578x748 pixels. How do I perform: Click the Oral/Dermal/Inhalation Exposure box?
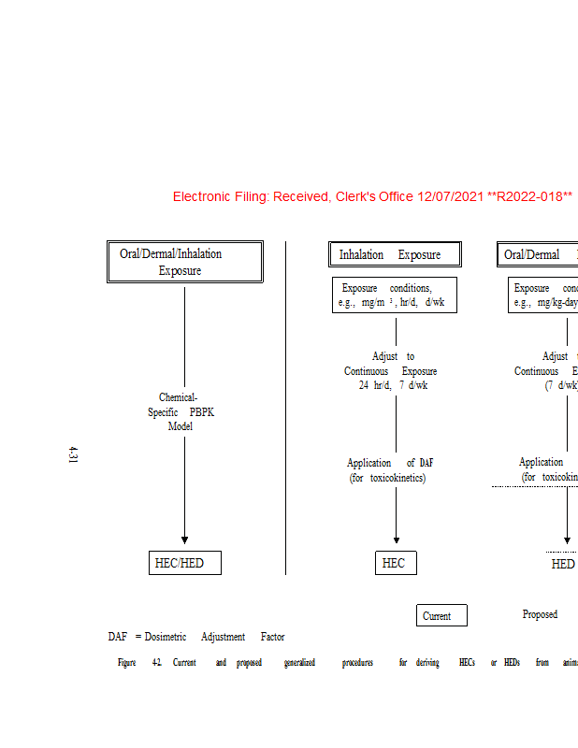click(x=184, y=263)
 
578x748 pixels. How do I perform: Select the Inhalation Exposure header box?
click(x=397, y=254)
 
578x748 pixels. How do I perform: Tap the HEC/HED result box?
click(x=185, y=563)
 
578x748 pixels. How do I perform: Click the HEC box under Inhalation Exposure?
click(x=394, y=563)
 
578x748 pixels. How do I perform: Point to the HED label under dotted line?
click(x=563, y=564)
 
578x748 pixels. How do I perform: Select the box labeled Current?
click(x=441, y=615)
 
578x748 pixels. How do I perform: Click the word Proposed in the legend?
click(x=540, y=614)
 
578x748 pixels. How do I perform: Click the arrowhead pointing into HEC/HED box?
click(x=184, y=539)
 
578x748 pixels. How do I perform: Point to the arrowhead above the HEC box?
click(x=397, y=539)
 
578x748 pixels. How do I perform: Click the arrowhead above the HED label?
click(x=567, y=539)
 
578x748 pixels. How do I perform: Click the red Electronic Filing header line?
click(x=372, y=196)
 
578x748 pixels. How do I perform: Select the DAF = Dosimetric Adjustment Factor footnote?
click(x=196, y=637)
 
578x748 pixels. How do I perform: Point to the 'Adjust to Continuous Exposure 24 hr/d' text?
click(x=391, y=371)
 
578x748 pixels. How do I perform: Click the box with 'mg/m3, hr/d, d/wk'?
click(x=394, y=295)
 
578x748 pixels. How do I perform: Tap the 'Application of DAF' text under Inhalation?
click(x=390, y=469)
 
